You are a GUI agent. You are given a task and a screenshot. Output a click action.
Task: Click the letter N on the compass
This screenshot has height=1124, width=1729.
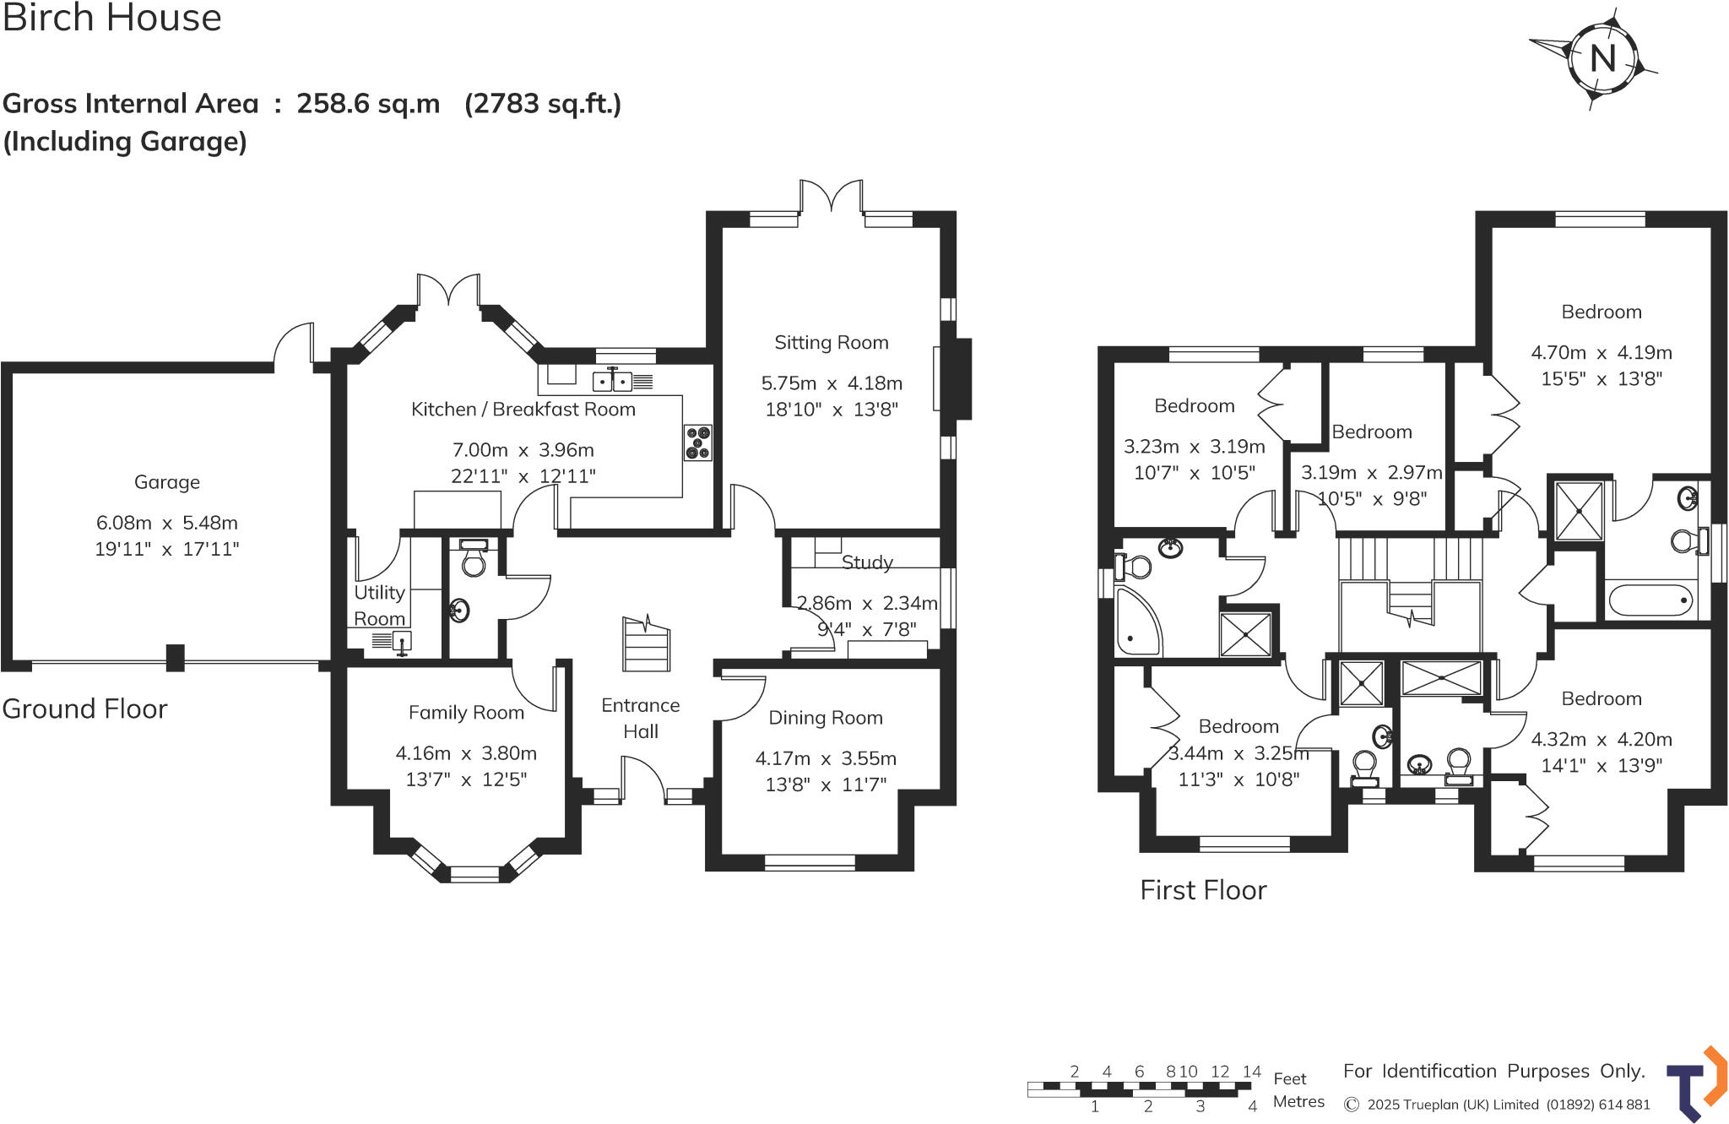1602,58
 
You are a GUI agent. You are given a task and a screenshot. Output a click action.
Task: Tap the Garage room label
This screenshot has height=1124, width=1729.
167,482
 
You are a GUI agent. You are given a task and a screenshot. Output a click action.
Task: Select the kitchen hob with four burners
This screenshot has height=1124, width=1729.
698,443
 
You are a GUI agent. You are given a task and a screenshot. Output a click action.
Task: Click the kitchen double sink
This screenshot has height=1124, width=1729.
613,382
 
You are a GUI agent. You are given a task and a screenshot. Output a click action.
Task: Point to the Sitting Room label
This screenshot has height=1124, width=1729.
832,343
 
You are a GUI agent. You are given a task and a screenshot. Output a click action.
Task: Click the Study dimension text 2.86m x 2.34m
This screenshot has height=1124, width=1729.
867,603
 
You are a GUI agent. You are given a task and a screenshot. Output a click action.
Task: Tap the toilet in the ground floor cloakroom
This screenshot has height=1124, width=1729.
474,560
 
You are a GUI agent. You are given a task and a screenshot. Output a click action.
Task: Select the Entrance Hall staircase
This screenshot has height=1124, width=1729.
646,644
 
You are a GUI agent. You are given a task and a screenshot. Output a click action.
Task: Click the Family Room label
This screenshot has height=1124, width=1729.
466,713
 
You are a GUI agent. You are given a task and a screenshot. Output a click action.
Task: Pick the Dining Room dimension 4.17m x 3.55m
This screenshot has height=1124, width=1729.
826,758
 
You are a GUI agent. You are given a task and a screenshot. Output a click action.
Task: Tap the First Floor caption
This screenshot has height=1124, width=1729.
1203,890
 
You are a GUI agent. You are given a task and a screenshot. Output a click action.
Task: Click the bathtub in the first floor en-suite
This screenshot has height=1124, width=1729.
1650,600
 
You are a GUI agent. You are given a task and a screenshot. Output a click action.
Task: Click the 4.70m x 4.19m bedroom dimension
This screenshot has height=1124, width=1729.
1602,352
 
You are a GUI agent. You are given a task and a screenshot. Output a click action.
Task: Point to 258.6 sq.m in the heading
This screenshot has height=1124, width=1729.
368,104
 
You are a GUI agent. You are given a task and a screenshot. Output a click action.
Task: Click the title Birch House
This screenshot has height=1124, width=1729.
111,18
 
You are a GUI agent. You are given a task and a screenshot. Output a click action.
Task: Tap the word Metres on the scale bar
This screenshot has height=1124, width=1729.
1298,1101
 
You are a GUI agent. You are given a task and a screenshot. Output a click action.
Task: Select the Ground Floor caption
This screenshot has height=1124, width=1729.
84,709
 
